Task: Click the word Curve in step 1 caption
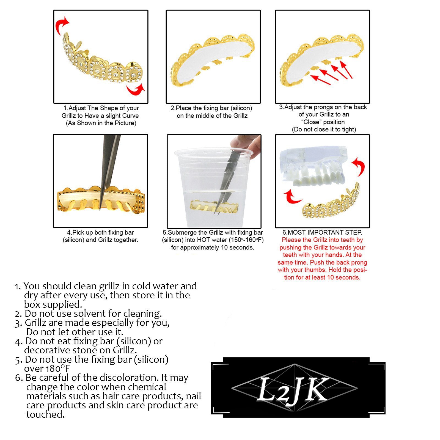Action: point(130,116)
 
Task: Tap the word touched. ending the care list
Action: point(45,414)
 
